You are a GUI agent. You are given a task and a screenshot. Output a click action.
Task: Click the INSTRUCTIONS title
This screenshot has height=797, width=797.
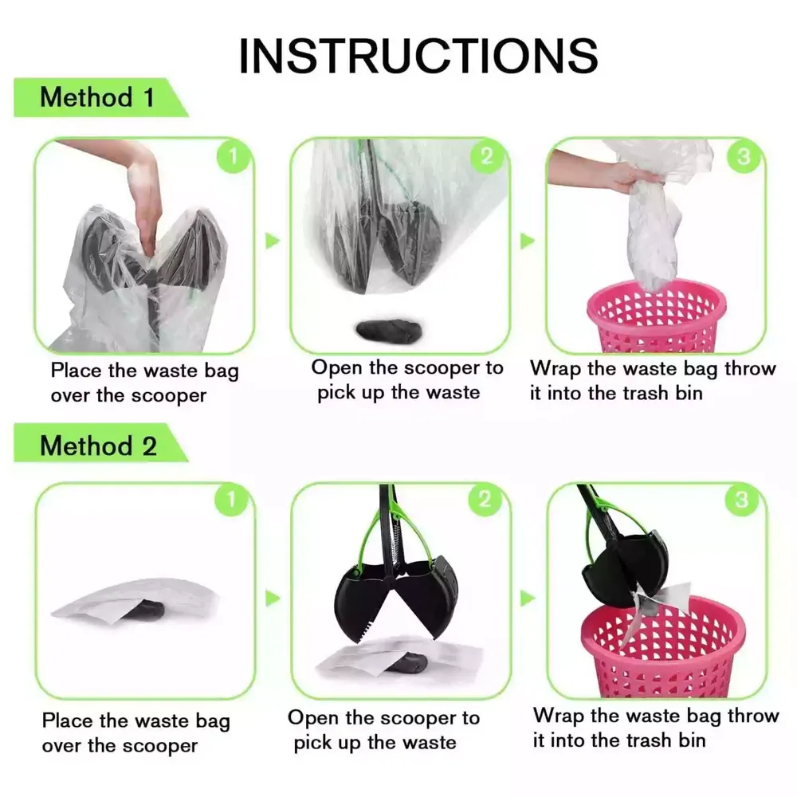[418, 55]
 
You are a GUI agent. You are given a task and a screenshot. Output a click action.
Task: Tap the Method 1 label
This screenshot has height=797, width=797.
[97, 97]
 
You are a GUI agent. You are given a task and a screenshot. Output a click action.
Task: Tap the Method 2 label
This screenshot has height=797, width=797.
[98, 446]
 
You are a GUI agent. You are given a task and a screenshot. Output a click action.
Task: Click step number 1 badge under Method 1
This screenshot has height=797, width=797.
[234, 156]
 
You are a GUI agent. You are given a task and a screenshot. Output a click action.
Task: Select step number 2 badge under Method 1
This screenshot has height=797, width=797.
[486, 156]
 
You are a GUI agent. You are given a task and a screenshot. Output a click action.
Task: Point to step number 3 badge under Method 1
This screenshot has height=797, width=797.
[743, 156]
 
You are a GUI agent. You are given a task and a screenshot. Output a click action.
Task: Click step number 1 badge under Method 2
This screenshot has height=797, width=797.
[231, 500]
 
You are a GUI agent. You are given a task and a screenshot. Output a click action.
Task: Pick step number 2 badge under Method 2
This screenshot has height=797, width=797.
[485, 499]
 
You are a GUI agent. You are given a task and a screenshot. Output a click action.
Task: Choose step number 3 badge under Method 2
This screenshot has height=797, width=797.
[741, 499]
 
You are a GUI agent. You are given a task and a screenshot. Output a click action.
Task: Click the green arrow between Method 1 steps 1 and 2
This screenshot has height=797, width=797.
[273, 241]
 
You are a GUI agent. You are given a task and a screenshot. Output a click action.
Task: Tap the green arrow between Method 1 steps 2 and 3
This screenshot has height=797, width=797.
[527, 241]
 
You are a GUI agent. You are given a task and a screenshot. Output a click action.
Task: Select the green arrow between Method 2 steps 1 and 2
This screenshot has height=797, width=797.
[273, 599]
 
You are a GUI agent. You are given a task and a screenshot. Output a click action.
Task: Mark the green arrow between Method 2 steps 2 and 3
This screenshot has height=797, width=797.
[528, 599]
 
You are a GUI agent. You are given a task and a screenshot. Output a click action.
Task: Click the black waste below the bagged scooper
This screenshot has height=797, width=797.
[389, 331]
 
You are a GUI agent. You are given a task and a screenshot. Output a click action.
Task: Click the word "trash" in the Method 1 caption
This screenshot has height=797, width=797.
[646, 393]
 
